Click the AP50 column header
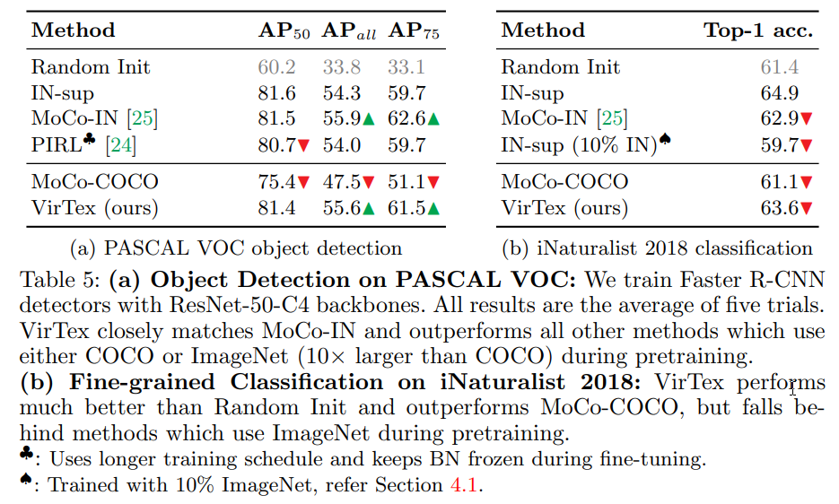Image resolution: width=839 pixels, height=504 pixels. tap(284, 31)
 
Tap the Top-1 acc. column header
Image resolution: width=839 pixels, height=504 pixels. tap(758, 30)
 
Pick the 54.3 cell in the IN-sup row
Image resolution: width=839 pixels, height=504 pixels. tap(341, 92)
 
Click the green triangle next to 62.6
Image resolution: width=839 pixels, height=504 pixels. tap(433, 117)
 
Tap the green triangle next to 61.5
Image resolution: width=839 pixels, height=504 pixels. tap(433, 209)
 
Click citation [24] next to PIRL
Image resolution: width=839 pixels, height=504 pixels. tap(119, 143)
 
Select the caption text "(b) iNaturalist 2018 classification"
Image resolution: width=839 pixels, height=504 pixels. tap(657, 248)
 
